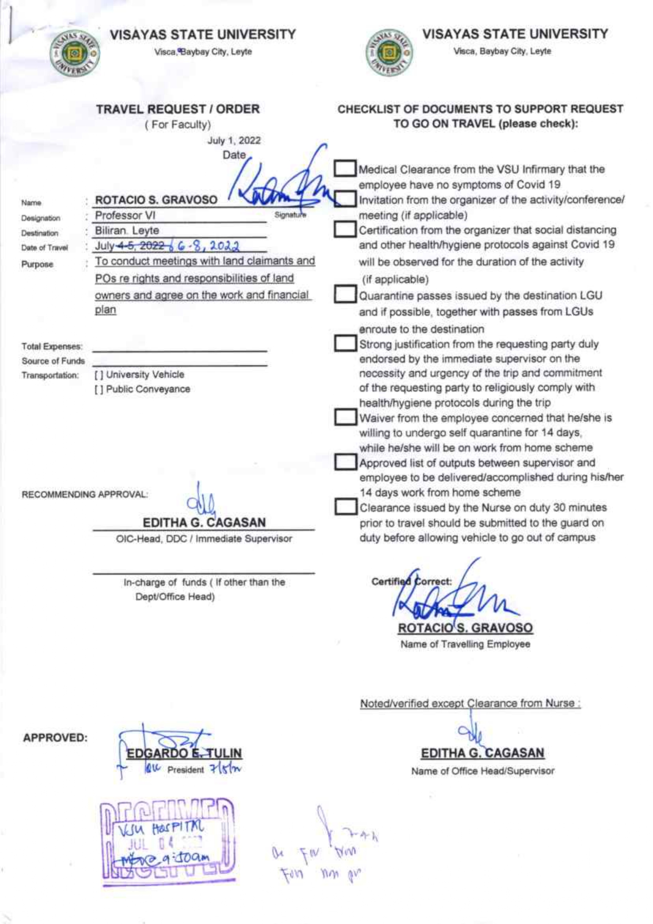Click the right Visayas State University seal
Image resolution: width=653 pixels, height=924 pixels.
[389, 53]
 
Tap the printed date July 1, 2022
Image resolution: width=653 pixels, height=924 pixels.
[234, 140]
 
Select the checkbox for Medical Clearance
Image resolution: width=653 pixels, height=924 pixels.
[345, 169]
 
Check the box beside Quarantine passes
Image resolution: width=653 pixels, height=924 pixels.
[345, 295]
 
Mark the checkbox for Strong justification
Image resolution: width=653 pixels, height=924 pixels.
[345, 344]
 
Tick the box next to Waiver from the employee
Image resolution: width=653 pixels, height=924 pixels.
[345, 417]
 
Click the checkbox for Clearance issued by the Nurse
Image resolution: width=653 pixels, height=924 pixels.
[345, 507]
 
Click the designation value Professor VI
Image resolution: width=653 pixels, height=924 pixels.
[125, 216]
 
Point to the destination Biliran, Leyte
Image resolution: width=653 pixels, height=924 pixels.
[127, 231]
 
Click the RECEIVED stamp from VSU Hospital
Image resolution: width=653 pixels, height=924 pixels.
[167, 839]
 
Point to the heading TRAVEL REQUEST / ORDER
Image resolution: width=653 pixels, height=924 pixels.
[177, 109]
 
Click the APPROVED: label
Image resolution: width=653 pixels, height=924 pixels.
[55, 738]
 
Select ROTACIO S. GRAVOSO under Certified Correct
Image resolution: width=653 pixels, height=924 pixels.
[465, 628]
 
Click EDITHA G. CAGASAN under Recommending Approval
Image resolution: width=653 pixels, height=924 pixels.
[204, 522]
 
